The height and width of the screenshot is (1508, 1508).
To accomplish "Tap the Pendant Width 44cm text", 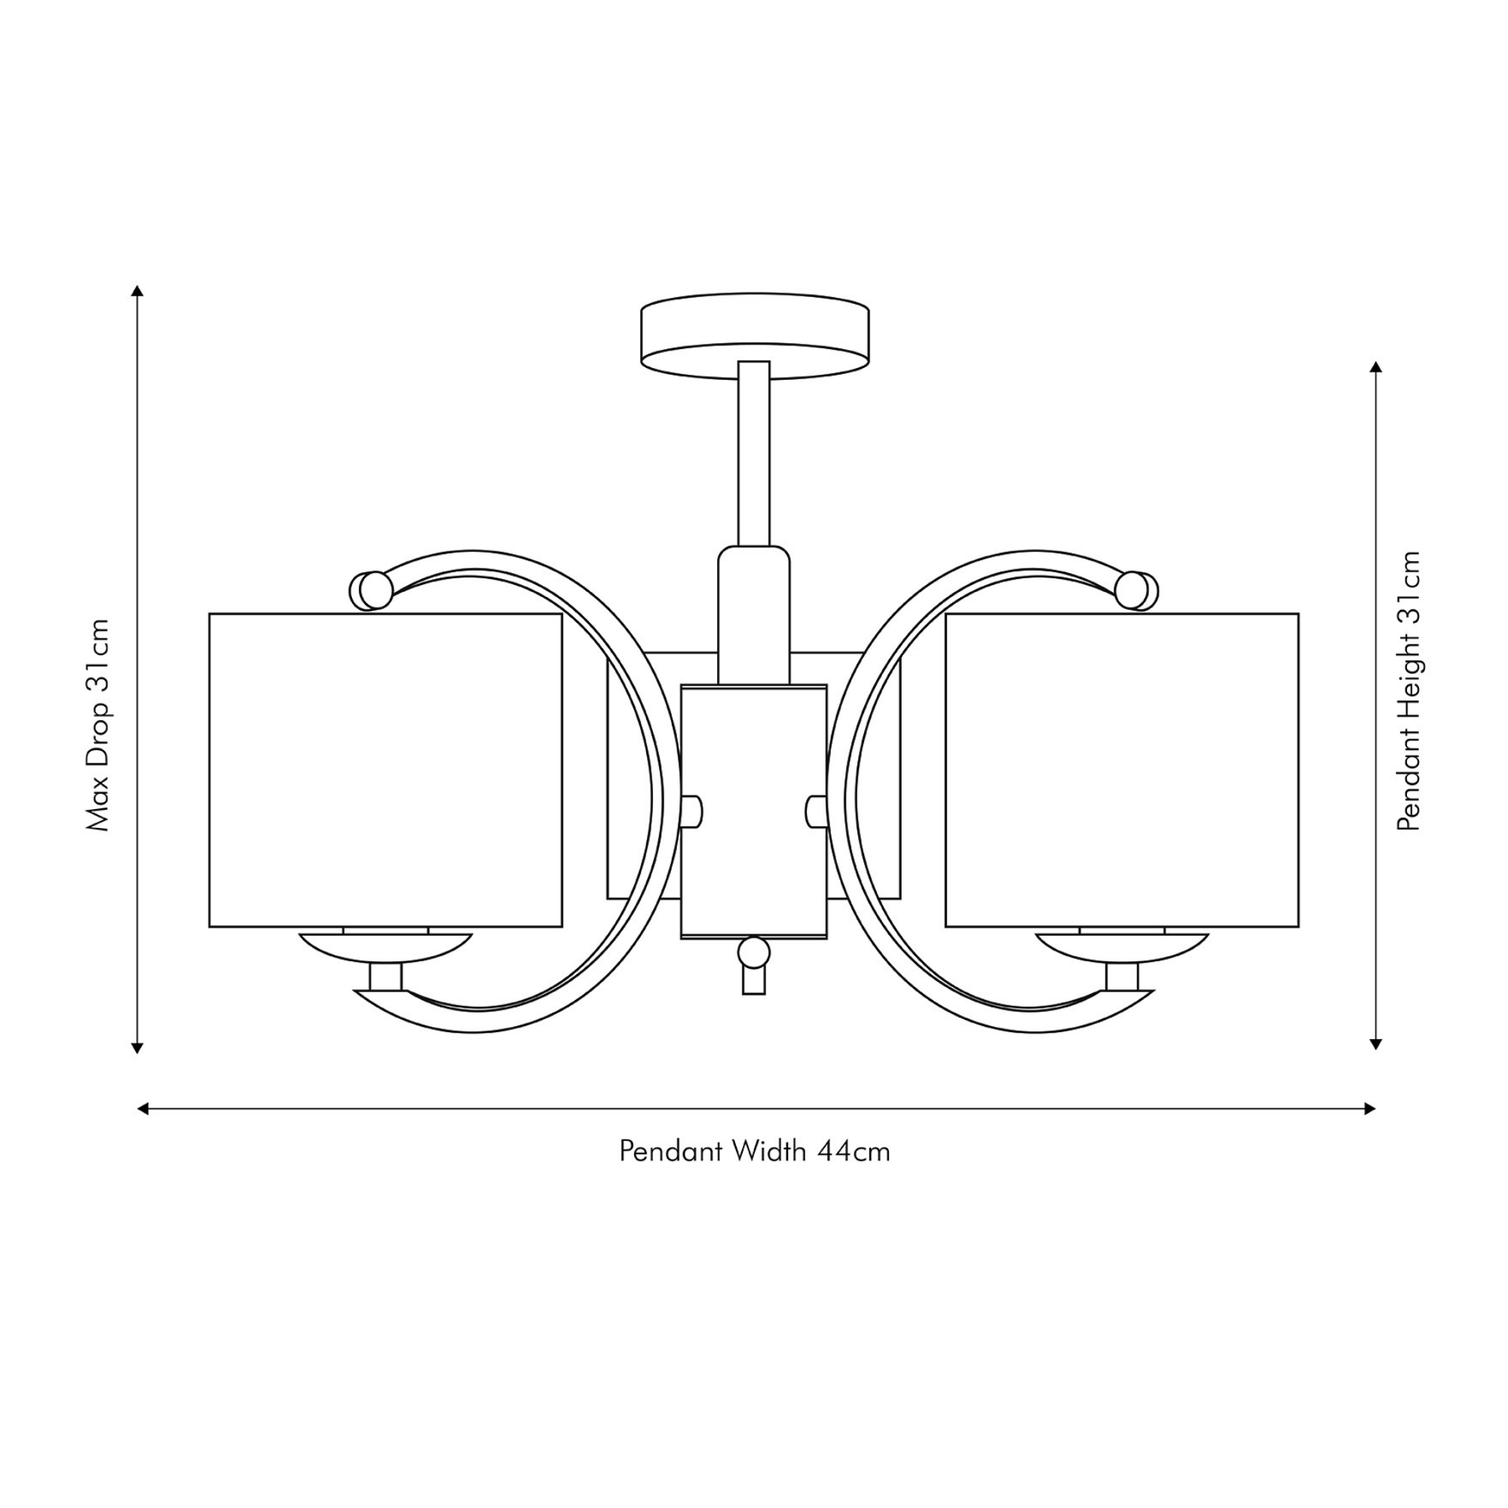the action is tap(755, 1151).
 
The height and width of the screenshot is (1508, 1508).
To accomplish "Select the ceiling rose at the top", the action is tap(755, 336).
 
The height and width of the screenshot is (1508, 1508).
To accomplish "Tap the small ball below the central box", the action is tap(754, 952).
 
